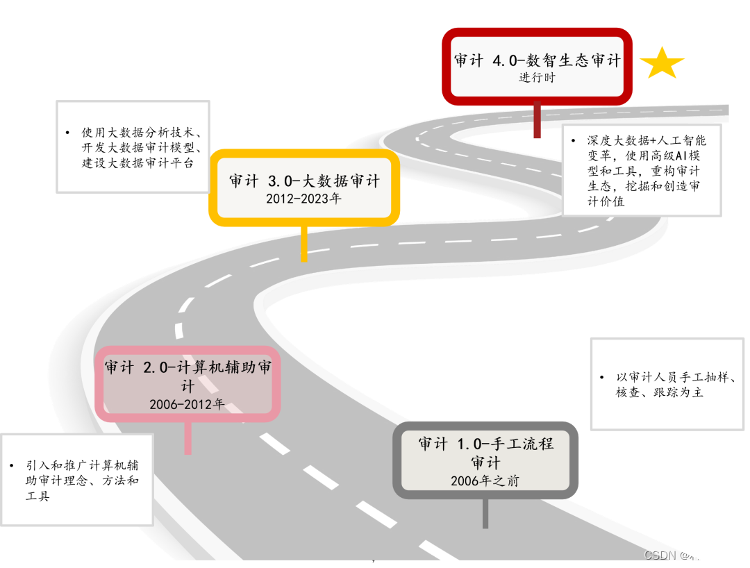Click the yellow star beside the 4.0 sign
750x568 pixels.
(x=662, y=63)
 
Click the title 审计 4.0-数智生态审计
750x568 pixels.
(x=537, y=60)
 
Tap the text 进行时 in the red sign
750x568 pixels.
(x=537, y=78)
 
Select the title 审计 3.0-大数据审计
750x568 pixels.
(x=305, y=181)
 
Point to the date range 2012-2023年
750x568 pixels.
(x=304, y=199)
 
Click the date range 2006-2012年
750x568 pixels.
(x=187, y=404)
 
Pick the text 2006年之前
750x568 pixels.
(x=485, y=481)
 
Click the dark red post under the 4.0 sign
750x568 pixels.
(x=537, y=119)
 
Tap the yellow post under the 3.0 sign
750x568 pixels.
(x=303, y=243)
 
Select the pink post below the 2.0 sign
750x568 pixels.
(x=187, y=437)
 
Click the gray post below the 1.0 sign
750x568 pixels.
(x=485, y=514)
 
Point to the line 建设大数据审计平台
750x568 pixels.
(x=137, y=163)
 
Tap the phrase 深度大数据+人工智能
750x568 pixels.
(x=646, y=140)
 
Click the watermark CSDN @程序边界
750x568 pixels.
(x=691, y=555)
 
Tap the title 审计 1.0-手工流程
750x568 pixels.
(x=485, y=444)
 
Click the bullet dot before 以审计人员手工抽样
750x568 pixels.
(x=601, y=378)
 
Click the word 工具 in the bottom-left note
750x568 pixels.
(x=37, y=496)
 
